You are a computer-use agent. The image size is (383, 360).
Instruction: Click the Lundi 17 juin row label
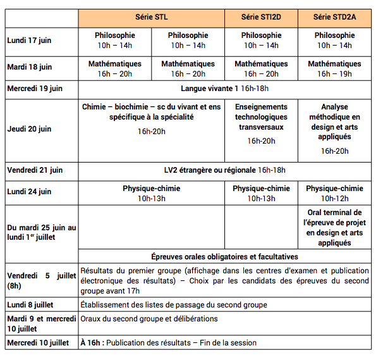29,40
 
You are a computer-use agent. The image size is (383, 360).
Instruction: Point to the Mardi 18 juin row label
30,67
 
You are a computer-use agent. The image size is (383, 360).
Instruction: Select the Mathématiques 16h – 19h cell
334,69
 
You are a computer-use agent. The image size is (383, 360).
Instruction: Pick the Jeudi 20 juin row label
29,129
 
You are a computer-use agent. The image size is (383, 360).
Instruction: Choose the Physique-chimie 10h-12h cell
334,193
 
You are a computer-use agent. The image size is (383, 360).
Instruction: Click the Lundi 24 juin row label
29,192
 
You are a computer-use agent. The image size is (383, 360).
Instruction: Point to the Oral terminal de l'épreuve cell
334,227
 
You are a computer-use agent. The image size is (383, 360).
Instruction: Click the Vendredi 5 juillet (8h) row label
41,280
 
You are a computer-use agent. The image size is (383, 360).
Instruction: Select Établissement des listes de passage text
174,305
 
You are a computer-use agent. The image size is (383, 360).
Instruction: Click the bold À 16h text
92,343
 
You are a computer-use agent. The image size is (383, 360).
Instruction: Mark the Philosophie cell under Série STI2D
261,40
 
